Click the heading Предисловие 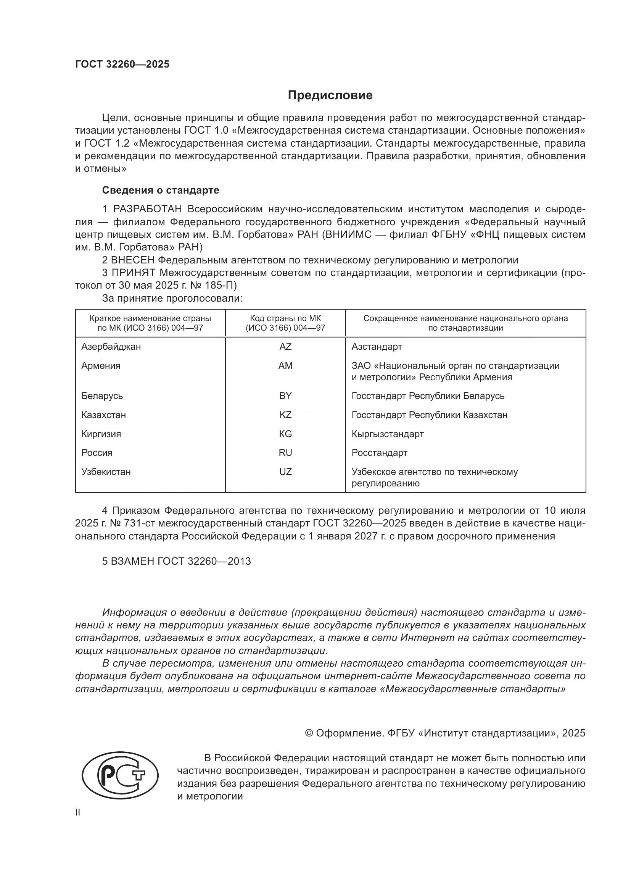(x=330, y=95)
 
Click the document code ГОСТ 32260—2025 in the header (x=122, y=65)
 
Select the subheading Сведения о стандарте (x=161, y=190)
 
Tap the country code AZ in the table (x=285, y=347)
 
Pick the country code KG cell (x=285, y=434)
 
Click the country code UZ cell (x=285, y=472)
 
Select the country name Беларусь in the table (x=102, y=396)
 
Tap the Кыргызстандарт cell (x=387, y=434)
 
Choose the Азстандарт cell (x=377, y=347)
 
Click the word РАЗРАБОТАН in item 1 (x=147, y=209)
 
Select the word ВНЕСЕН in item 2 (x=133, y=260)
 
